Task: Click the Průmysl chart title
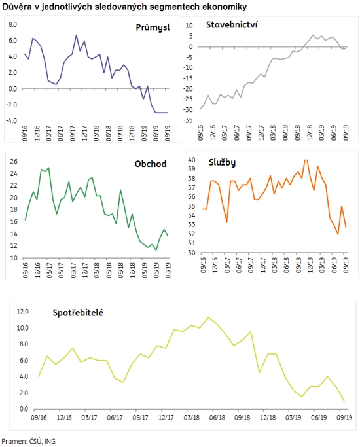point(153,27)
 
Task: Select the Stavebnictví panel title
point(232,25)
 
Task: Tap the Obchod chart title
point(151,164)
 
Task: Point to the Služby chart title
point(222,162)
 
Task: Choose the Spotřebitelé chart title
point(78,313)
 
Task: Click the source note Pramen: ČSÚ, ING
point(29,441)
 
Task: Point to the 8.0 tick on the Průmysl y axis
point(13,24)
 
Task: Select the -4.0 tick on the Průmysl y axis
point(12,121)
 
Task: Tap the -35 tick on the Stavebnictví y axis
point(188,120)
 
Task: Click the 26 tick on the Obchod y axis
point(14,162)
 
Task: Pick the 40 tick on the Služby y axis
point(192,160)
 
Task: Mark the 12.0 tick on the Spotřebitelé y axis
point(23,312)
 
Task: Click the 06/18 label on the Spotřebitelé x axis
point(217,418)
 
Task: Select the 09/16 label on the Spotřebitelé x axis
point(39,418)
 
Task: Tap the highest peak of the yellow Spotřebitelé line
point(208,317)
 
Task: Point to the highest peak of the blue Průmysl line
point(76,35)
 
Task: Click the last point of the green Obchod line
point(168,236)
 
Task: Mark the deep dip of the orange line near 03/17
point(227,222)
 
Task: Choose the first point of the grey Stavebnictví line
point(200,109)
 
